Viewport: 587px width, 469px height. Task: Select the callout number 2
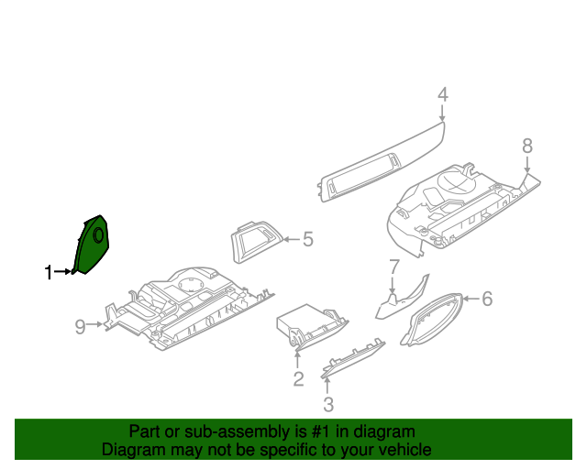pyautogui.click(x=298, y=379)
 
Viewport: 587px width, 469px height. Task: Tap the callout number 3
pyautogui.click(x=328, y=404)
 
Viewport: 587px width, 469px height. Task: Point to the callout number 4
pyautogui.click(x=442, y=94)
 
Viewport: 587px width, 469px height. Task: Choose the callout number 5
pyautogui.click(x=308, y=240)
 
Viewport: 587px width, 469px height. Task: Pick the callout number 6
pyautogui.click(x=487, y=299)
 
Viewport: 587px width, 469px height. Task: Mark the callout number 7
pyautogui.click(x=393, y=267)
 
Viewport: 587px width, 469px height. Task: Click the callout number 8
pyautogui.click(x=526, y=145)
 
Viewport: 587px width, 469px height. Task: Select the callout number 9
pyautogui.click(x=81, y=326)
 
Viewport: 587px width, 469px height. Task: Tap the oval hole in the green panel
pyautogui.click(x=97, y=235)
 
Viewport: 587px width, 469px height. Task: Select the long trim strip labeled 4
pyautogui.click(x=381, y=165)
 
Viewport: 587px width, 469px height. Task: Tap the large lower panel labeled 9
pyautogui.click(x=183, y=311)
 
